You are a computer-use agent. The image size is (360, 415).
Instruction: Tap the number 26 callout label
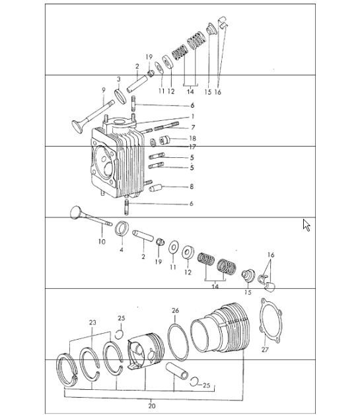175,310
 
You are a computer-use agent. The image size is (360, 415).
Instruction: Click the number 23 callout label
92,323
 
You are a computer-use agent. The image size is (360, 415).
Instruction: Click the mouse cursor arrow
306,225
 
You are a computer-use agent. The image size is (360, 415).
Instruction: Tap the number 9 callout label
104,91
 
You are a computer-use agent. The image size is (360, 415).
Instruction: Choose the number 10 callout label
102,241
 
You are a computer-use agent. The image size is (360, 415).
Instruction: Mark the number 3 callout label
118,79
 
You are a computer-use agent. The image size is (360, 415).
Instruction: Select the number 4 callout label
122,250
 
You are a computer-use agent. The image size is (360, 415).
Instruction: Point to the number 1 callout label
193,116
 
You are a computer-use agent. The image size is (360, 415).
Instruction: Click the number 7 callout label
193,127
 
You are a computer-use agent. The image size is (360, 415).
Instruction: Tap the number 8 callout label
192,187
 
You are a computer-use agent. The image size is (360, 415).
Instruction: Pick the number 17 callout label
193,147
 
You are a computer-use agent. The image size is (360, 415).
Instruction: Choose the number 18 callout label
193,137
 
